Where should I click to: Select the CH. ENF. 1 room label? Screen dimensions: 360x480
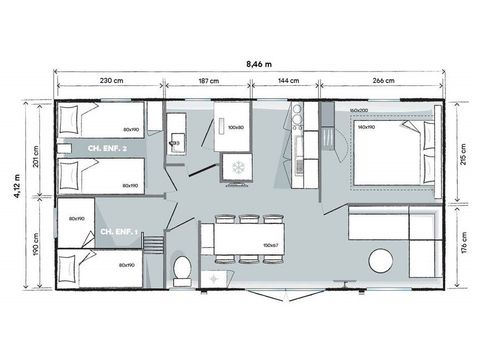point(120,233)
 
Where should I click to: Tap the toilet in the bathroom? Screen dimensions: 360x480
point(181,268)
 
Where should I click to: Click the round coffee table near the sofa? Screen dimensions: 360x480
point(383,262)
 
